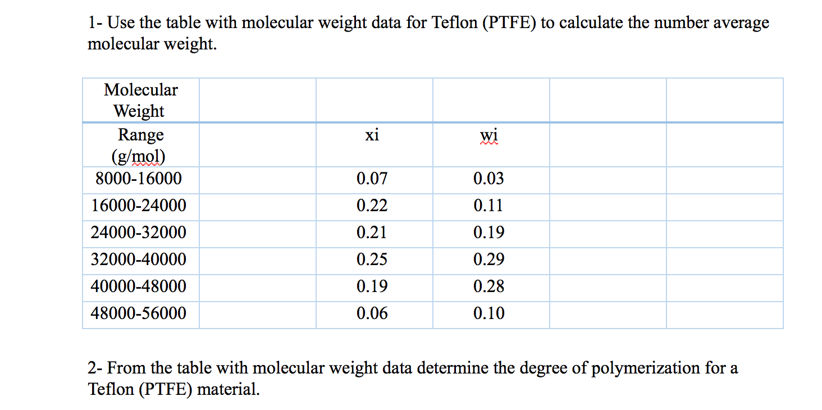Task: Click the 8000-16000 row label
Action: tap(139, 179)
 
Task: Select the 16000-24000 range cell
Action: tap(139, 206)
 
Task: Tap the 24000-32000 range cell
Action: tap(139, 233)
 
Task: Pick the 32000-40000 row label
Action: tap(139, 259)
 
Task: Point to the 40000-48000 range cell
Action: tap(139, 286)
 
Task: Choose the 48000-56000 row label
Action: tap(139, 313)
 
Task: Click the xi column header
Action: tap(372, 135)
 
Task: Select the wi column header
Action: tap(488, 135)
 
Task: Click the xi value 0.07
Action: tap(372, 179)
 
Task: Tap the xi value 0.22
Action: tap(372, 206)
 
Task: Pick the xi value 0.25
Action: tap(372, 259)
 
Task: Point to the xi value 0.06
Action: tap(372, 313)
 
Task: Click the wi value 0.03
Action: tap(488, 179)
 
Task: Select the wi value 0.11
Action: tap(488, 206)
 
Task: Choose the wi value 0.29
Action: tap(488, 259)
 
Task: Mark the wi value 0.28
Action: tap(488, 286)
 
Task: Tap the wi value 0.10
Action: tap(488, 313)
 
